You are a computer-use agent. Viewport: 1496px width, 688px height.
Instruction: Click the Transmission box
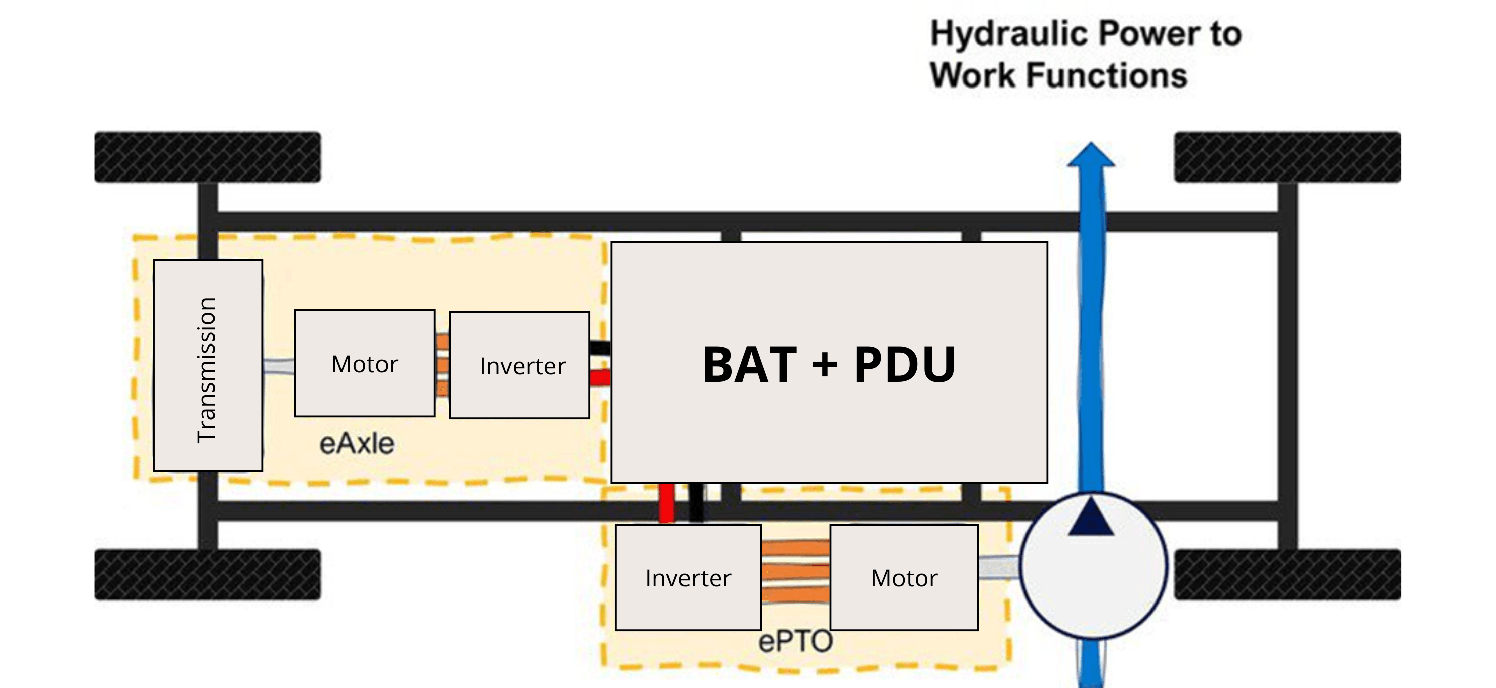click(x=208, y=365)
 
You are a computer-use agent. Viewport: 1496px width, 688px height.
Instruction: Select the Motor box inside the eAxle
click(x=365, y=363)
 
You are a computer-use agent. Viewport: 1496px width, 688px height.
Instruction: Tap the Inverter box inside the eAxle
click(x=520, y=365)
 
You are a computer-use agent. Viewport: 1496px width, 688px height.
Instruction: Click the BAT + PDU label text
click(x=829, y=365)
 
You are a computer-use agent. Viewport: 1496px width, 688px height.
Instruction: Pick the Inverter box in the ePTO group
click(x=688, y=578)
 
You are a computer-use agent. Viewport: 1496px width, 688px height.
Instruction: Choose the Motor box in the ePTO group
click(x=904, y=578)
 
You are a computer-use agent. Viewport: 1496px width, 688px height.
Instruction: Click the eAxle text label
click(x=357, y=444)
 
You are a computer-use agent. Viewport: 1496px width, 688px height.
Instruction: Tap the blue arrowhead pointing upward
click(x=1091, y=156)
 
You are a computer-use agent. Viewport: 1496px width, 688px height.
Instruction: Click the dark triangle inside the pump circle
click(x=1091, y=518)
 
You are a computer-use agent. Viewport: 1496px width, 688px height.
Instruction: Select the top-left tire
click(x=207, y=157)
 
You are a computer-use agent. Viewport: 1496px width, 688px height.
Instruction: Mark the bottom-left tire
click(x=207, y=574)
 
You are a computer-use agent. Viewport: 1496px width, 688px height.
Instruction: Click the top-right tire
click(x=1288, y=157)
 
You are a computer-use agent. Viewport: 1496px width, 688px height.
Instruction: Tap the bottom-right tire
click(x=1288, y=574)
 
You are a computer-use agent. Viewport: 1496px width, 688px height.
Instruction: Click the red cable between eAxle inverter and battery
click(x=601, y=378)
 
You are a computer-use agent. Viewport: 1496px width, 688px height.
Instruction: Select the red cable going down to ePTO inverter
click(x=667, y=503)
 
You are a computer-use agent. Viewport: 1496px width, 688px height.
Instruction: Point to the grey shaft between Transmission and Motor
click(x=279, y=366)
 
